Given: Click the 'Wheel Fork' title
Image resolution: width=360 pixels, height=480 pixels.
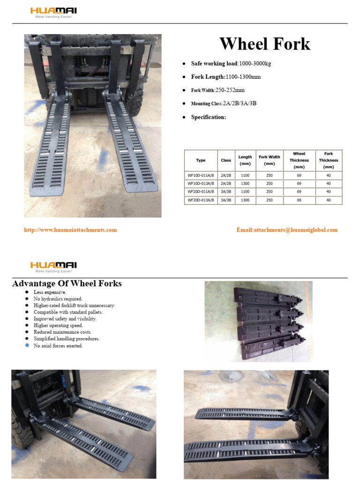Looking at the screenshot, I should coord(265,44).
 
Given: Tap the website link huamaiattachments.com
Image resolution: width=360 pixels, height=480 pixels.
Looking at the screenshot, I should coord(70,230).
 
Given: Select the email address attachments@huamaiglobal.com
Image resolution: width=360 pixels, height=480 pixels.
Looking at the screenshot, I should coord(287,230).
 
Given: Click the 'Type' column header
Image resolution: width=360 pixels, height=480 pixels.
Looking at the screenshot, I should coord(201,160).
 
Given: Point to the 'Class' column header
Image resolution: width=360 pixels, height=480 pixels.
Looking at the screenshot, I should coord(226,160).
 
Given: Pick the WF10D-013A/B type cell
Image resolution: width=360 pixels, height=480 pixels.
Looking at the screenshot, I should coord(201,183).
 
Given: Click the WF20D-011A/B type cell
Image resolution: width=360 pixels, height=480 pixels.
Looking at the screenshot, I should coord(201,192).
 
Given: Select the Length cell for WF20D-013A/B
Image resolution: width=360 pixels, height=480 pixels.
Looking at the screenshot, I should coord(245,200).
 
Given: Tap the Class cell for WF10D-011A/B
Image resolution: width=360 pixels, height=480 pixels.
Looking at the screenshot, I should coord(226,175).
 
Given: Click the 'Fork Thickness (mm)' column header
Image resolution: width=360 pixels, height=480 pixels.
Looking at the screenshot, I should coord(328,160).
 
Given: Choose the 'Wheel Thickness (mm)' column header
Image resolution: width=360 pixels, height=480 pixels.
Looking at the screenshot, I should coord(299,160).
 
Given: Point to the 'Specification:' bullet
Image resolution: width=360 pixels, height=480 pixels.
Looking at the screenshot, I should coord(209,117).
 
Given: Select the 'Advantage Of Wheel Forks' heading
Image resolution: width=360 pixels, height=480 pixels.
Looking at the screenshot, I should coord(67,284).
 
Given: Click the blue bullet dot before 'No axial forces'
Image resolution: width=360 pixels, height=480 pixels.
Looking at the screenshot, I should coord(27,345).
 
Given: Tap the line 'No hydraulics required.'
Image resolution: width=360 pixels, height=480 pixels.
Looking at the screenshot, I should coord(58,299).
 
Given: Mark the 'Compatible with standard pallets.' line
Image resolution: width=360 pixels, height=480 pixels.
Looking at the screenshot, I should coord(68,312).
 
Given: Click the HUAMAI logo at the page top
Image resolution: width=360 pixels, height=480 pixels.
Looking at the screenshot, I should coord(54,12).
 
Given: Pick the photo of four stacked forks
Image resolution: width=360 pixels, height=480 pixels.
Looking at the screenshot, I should coord(258,321).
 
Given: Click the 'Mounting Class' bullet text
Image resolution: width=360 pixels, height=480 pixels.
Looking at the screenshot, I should coord(224,104).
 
